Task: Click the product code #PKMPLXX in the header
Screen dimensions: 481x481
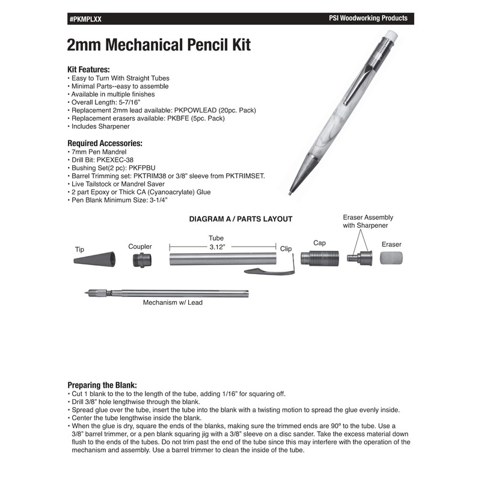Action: pyautogui.click(x=86, y=19)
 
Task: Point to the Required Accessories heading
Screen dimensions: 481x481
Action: pyautogui.click(x=105, y=144)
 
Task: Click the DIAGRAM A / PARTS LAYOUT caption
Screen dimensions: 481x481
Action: pyautogui.click(x=240, y=219)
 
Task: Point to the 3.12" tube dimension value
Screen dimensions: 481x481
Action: pyautogui.click(x=216, y=247)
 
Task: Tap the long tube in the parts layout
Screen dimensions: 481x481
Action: pyautogui.click(x=222, y=260)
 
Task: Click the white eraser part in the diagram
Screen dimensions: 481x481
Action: pyautogui.click(x=391, y=258)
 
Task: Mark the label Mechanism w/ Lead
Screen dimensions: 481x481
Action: pyautogui.click(x=173, y=303)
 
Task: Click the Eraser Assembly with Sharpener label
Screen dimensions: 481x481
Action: pyautogui.click(x=366, y=221)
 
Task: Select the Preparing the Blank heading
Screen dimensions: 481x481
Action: pyautogui.click(x=102, y=385)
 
